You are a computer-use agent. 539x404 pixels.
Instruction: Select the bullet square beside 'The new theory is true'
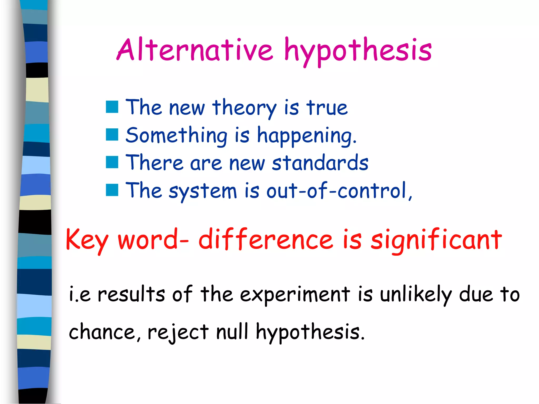coord(112,107)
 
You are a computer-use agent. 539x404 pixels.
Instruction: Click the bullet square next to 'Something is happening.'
coord(112,135)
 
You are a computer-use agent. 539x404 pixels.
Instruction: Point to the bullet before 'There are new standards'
coord(112,162)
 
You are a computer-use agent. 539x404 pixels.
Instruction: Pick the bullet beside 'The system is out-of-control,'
coord(112,190)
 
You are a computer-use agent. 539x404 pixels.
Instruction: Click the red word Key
coord(87,240)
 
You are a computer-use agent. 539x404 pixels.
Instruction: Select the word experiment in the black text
coord(295,295)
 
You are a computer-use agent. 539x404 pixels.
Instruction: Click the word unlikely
coord(416,295)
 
